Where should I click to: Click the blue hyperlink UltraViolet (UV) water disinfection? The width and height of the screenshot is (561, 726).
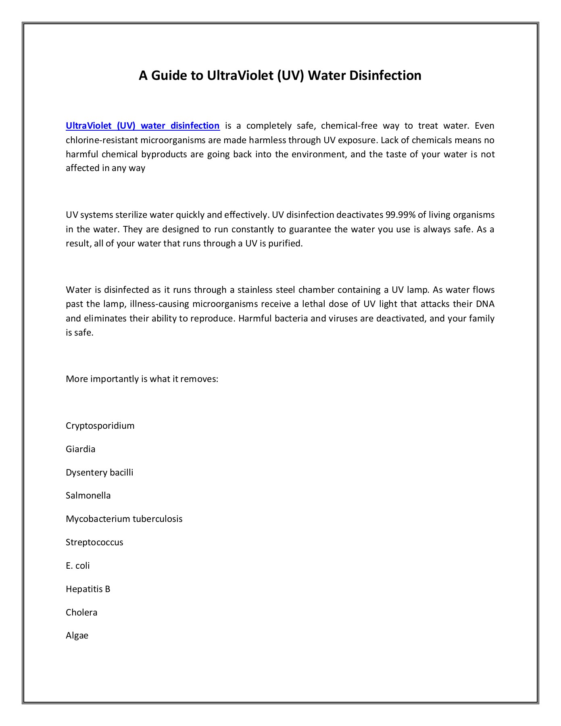(142, 126)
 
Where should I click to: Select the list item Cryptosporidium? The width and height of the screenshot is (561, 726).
(100, 426)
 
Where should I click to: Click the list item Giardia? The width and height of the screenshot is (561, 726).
(81, 449)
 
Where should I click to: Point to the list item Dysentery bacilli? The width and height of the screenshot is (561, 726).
(99, 473)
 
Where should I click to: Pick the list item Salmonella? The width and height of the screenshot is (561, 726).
(88, 496)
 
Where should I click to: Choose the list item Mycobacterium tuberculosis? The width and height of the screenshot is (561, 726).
(124, 519)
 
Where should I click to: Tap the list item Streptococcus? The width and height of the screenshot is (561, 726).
(94, 542)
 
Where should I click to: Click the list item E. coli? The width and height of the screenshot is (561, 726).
(78, 566)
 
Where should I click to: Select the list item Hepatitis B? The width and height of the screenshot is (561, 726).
(88, 589)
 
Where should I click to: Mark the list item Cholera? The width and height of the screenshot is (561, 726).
(81, 613)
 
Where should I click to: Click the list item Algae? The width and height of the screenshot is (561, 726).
(77, 636)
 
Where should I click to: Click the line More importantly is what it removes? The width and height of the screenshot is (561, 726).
(142, 379)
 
